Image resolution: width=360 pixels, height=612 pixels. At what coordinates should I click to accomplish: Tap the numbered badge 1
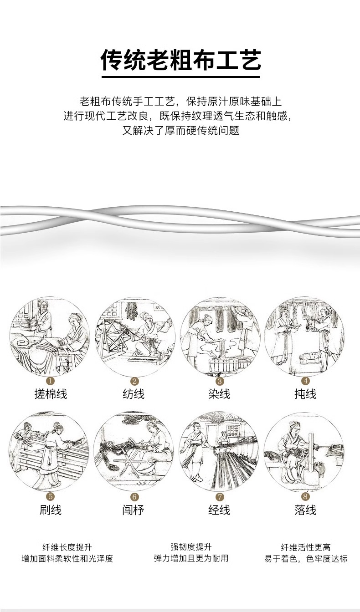point(50,381)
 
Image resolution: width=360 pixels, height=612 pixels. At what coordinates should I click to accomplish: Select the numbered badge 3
point(220,381)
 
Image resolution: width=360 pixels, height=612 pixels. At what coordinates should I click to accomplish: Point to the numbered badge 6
point(134,497)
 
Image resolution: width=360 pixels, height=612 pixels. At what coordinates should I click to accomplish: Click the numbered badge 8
point(305,496)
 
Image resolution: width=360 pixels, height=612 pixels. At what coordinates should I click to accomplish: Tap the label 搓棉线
point(51,394)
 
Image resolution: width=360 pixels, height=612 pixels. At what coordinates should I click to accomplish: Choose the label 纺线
point(134,394)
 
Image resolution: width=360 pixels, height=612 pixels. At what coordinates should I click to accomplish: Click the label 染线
point(219,394)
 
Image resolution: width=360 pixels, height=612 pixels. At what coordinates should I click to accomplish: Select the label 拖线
point(305,394)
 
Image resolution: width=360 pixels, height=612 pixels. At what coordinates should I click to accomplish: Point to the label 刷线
point(51,510)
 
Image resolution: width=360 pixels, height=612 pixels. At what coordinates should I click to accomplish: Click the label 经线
point(219,510)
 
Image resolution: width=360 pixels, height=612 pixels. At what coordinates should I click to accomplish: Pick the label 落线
point(305,510)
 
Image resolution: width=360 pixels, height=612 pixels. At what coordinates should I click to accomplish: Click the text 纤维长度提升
point(67,547)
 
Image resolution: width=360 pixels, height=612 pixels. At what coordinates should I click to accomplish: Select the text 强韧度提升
point(191,547)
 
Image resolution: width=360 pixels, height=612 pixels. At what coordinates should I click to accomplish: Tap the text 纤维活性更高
point(306,547)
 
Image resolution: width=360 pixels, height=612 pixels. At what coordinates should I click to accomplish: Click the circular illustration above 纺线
point(135,337)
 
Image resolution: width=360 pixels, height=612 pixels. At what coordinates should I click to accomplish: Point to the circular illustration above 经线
point(220,452)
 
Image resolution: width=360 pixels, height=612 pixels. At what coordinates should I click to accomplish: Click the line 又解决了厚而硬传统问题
point(180,131)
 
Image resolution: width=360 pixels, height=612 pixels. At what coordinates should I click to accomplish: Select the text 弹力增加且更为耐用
point(191,558)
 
